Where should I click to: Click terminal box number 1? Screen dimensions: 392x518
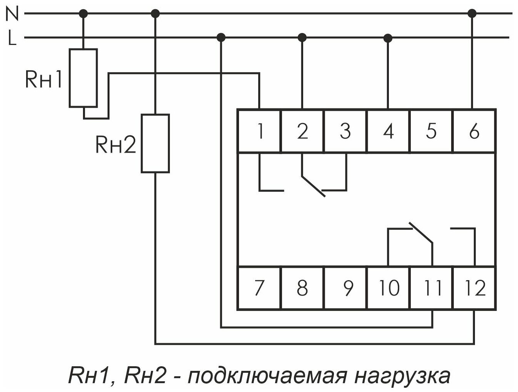[x=260, y=131]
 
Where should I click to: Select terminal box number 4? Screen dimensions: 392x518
[x=388, y=131]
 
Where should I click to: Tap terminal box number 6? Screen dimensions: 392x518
[x=474, y=131]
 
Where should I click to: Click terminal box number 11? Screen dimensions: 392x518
[x=432, y=287]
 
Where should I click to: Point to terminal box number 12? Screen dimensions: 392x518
[x=475, y=287]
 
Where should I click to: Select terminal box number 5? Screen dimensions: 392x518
[x=431, y=131]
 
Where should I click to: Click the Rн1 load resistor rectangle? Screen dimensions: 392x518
[x=83, y=78]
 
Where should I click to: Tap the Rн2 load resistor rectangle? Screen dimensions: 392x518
[x=155, y=143]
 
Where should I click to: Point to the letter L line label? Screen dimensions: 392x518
[x=12, y=38]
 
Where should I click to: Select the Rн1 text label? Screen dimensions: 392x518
[x=43, y=80]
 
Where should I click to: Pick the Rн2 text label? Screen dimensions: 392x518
[x=116, y=145]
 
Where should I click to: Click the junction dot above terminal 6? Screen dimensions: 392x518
[x=472, y=13]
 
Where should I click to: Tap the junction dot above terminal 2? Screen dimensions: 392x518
[x=302, y=37]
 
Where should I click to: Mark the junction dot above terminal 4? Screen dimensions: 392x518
[x=388, y=38]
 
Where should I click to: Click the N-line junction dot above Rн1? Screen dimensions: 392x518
[x=83, y=13]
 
